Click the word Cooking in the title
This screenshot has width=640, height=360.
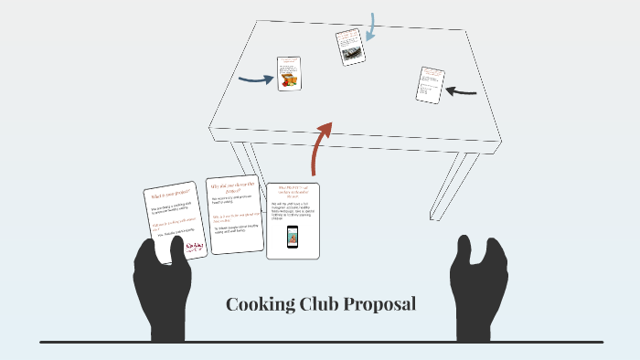pyautogui.click(x=260, y=304)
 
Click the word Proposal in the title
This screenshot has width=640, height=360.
pyautogui.click(x=379, y=304)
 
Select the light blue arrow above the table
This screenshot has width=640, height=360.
pyautogui.click(x=372, y=27)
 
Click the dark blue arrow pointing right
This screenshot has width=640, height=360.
pyautogui.click(x=256, y=79)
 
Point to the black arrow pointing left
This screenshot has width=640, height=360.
pyautogui.click(x=462, y=90)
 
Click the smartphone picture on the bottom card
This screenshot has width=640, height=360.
pyautogui.click(x=293, y=236)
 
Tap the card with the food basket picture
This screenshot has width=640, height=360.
pyautogui.click(x=290, y=74)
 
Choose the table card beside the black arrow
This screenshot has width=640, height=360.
pyautogui.click(x=430, y=85)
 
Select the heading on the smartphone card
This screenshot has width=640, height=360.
pyautogui.click(x=293, y=192)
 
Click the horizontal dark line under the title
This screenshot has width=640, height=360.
pyautogui.click(x=320, y=342)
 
